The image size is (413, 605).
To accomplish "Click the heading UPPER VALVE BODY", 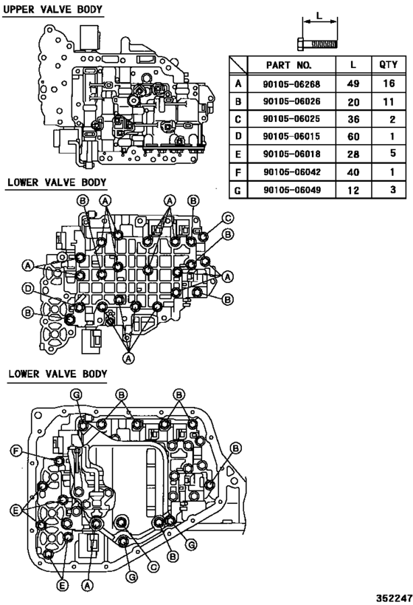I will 54,10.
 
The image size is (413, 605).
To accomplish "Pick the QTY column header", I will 389,65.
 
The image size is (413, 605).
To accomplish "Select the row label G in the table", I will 237,189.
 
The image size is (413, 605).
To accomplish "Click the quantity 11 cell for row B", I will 389,101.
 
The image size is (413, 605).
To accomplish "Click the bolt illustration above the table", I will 319,44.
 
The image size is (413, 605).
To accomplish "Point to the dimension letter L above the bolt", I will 319,15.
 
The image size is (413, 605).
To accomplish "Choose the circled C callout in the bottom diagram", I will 154,567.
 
